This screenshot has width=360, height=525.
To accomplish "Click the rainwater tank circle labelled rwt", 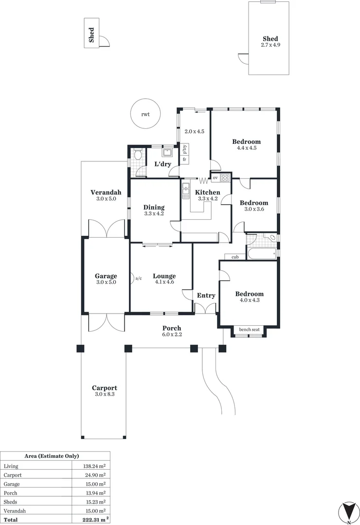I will [145, 114].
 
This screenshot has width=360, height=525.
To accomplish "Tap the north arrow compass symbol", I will [349, 513].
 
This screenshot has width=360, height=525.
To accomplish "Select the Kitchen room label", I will [208, 192].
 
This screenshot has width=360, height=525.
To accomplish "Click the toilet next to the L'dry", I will [138, 155].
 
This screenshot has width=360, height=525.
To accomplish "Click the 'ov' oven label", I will [215, 178].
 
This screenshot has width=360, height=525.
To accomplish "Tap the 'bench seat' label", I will [249, 330].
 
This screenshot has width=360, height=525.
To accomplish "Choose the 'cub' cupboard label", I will [235, 257].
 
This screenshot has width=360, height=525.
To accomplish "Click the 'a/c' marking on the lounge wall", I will [138, 278].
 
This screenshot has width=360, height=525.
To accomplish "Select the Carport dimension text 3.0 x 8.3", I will [105, 394].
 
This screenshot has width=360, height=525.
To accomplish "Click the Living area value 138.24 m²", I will [95, 466].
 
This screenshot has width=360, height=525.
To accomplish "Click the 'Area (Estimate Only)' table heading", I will [52, 456].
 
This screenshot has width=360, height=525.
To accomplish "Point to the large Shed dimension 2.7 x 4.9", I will [270, 45].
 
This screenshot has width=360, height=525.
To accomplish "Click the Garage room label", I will [106, 276].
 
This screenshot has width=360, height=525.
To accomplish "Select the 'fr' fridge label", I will [184, 159].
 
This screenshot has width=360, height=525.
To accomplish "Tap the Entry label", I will [206, 296].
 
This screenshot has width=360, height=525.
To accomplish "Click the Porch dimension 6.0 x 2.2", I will [172, 334].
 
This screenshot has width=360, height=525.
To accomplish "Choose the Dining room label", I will [154, 207].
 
